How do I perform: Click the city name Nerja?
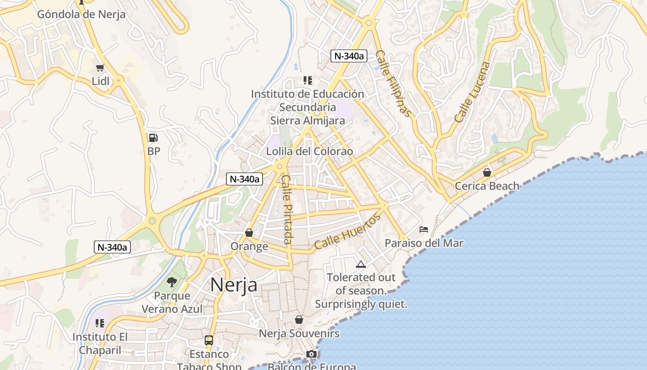point(234,285)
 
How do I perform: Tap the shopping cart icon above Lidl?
point(100,68)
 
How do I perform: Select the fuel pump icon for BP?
point(153,138)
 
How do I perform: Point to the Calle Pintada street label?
point(287,209)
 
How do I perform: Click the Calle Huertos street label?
point(347,231)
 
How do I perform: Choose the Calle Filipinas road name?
point(392,84)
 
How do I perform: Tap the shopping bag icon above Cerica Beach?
point(487,173)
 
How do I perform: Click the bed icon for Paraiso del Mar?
point(424,229)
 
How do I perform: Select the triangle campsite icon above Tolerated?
point(361,264)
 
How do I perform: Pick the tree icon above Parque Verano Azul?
point(172,282)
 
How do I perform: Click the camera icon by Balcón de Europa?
point(311,354)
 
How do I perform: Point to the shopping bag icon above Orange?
point(249,233)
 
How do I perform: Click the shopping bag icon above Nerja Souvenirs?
point(299,320)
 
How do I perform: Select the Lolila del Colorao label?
point(310,152)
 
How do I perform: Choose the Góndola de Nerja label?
point(81,14)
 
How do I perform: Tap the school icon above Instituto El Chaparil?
point(100,323)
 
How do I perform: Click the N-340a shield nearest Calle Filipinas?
point(349,56)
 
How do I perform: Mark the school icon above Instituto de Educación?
point(308,80)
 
